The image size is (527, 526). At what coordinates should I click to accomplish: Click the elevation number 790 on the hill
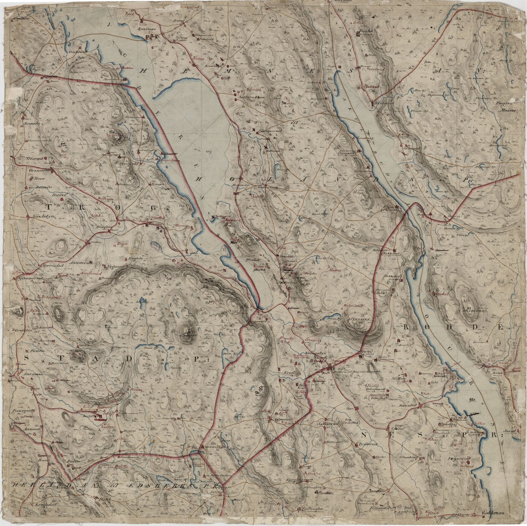112,131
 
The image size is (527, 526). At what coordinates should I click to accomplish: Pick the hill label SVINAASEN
361,319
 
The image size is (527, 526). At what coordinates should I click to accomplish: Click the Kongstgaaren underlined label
298,480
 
